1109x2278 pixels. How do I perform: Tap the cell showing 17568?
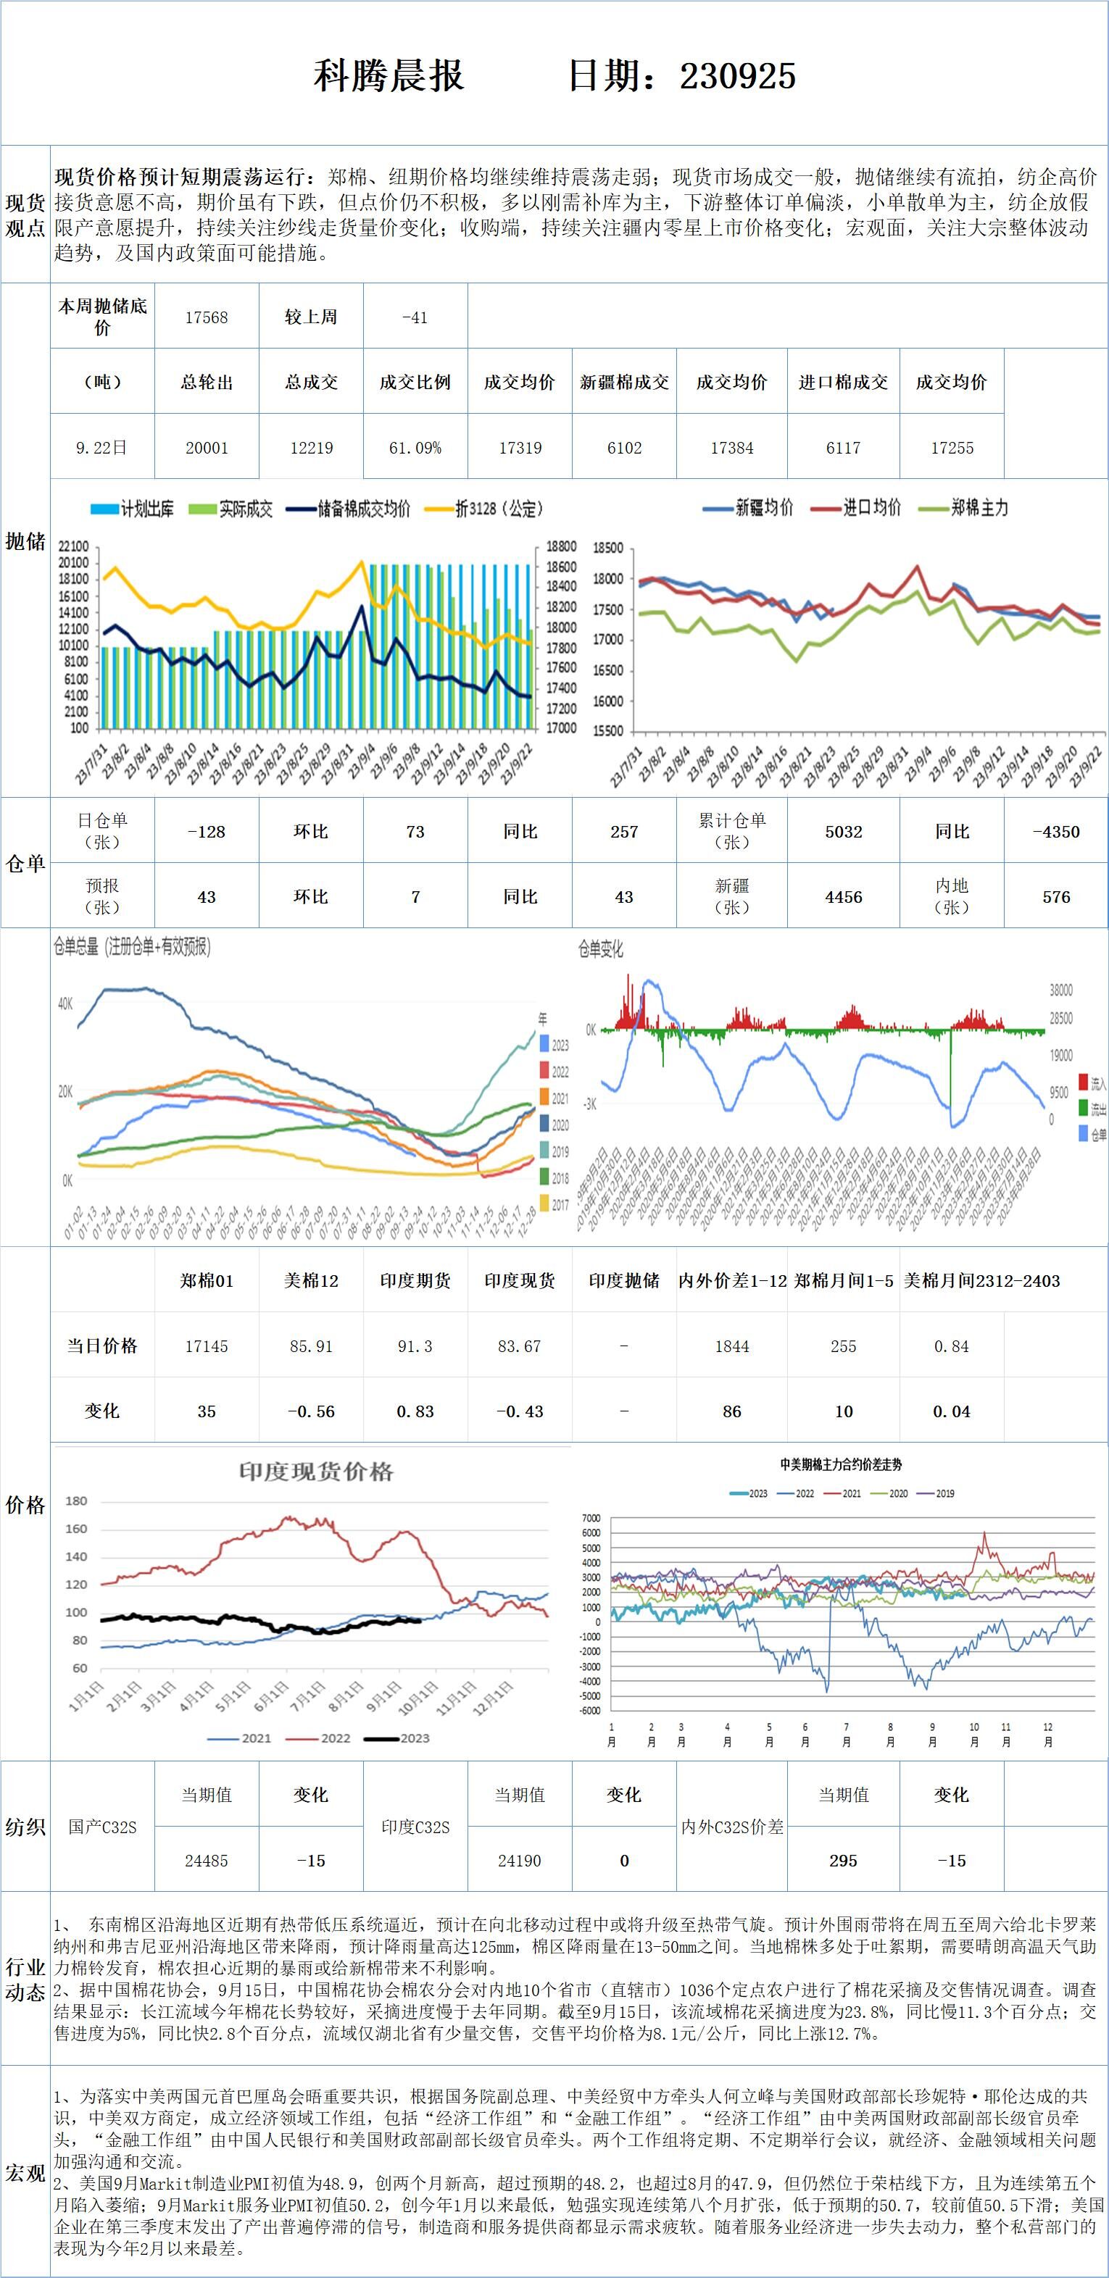pos(206,317)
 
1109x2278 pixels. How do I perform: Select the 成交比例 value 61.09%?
pos(415,448)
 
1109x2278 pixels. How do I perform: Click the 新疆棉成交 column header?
pos(623,382)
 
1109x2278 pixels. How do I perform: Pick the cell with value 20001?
pos(206,448)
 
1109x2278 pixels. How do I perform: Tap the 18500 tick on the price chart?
pos(608,548)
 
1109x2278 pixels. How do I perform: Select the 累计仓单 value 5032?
pos(843,831)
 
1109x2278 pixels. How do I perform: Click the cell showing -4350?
pos(1056,831)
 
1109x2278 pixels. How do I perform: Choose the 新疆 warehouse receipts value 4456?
pos(843,897)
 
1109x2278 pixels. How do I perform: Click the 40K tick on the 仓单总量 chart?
pos(65,1004)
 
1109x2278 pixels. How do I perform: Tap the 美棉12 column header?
pos(310,1280)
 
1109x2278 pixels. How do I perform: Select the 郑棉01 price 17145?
pos(206,1346)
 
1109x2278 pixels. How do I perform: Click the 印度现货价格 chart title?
pos(316,1472)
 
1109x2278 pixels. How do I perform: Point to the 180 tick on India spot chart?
pos(77,1501)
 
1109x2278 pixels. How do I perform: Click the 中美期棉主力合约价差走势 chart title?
pos(840,1465)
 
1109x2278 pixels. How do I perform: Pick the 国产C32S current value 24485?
pos(206,1861)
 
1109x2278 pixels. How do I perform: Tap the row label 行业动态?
pos(25,1980)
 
